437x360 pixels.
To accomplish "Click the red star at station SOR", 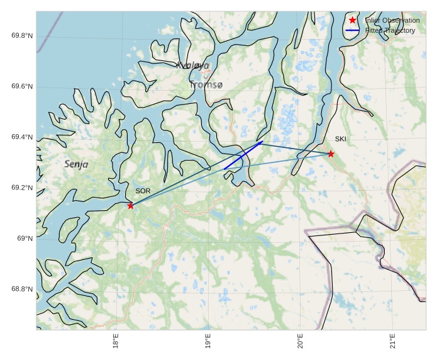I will tap(130, 206).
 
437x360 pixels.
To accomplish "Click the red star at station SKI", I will tap(331, 154).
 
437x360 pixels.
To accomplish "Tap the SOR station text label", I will tap(143, 191).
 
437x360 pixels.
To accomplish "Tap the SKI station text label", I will tap(340, 139).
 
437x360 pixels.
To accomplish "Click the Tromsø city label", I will tap(206, 84).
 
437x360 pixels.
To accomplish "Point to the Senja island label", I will tap(76, 164).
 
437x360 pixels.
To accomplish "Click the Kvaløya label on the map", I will tap(192, 65).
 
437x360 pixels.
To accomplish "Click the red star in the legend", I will tap(353, 21).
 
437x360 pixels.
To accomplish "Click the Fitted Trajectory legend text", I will tap(390, 30).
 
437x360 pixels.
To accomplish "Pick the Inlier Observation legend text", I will tap(392, 21).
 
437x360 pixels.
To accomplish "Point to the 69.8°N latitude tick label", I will tap(22, 36).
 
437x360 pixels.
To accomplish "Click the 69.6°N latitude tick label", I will tap(22, 87).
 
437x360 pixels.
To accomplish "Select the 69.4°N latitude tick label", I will tap(22, 137).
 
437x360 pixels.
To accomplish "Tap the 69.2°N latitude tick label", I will tap(22, 188).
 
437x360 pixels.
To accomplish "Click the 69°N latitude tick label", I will tap(25, 239).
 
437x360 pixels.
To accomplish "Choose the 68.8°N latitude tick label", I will tap(22, 290).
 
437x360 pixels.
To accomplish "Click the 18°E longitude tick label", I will tap(116, 343).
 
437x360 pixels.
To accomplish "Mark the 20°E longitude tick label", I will tap(301, 343).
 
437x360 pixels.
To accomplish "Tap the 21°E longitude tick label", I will tap(393, 343).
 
